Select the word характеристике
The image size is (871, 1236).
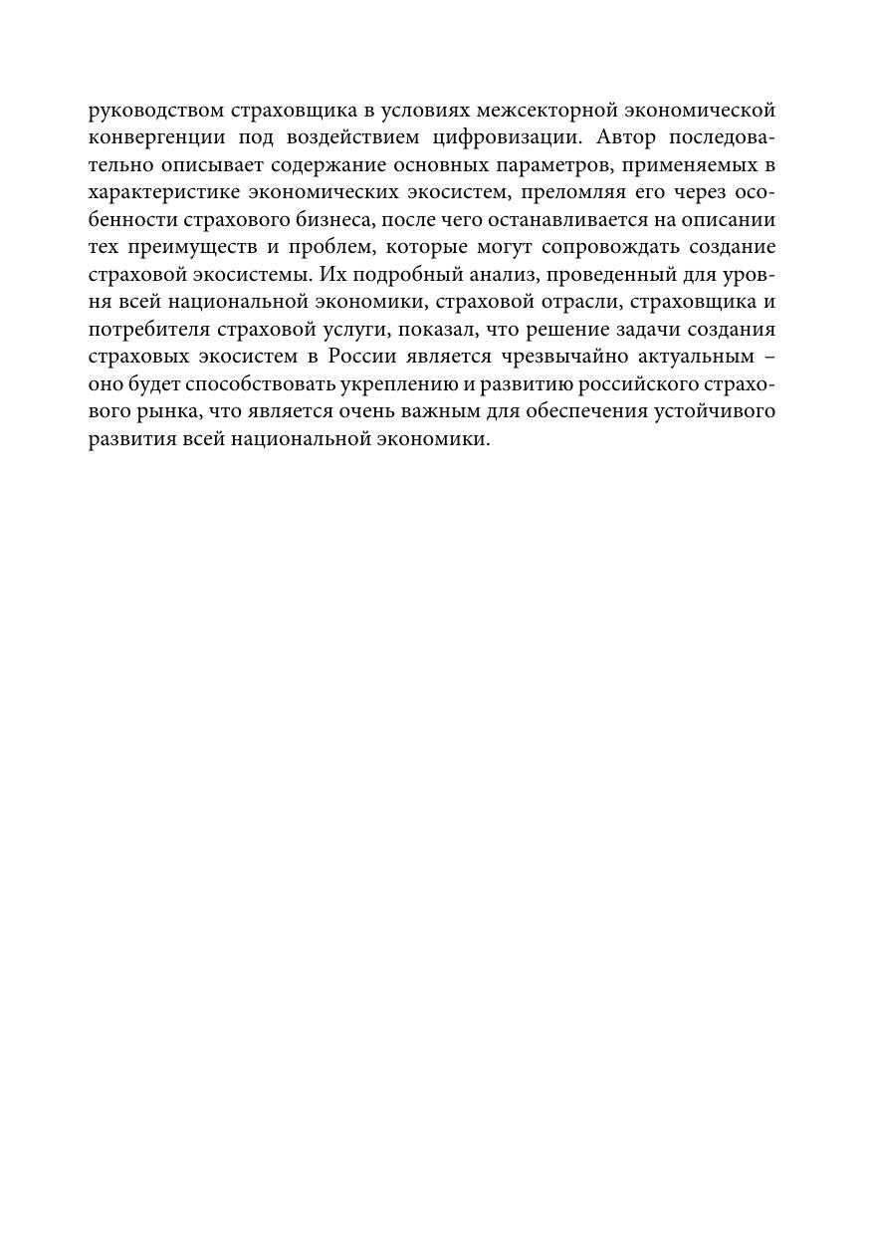pyautogui.click(x=162, y=192)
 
